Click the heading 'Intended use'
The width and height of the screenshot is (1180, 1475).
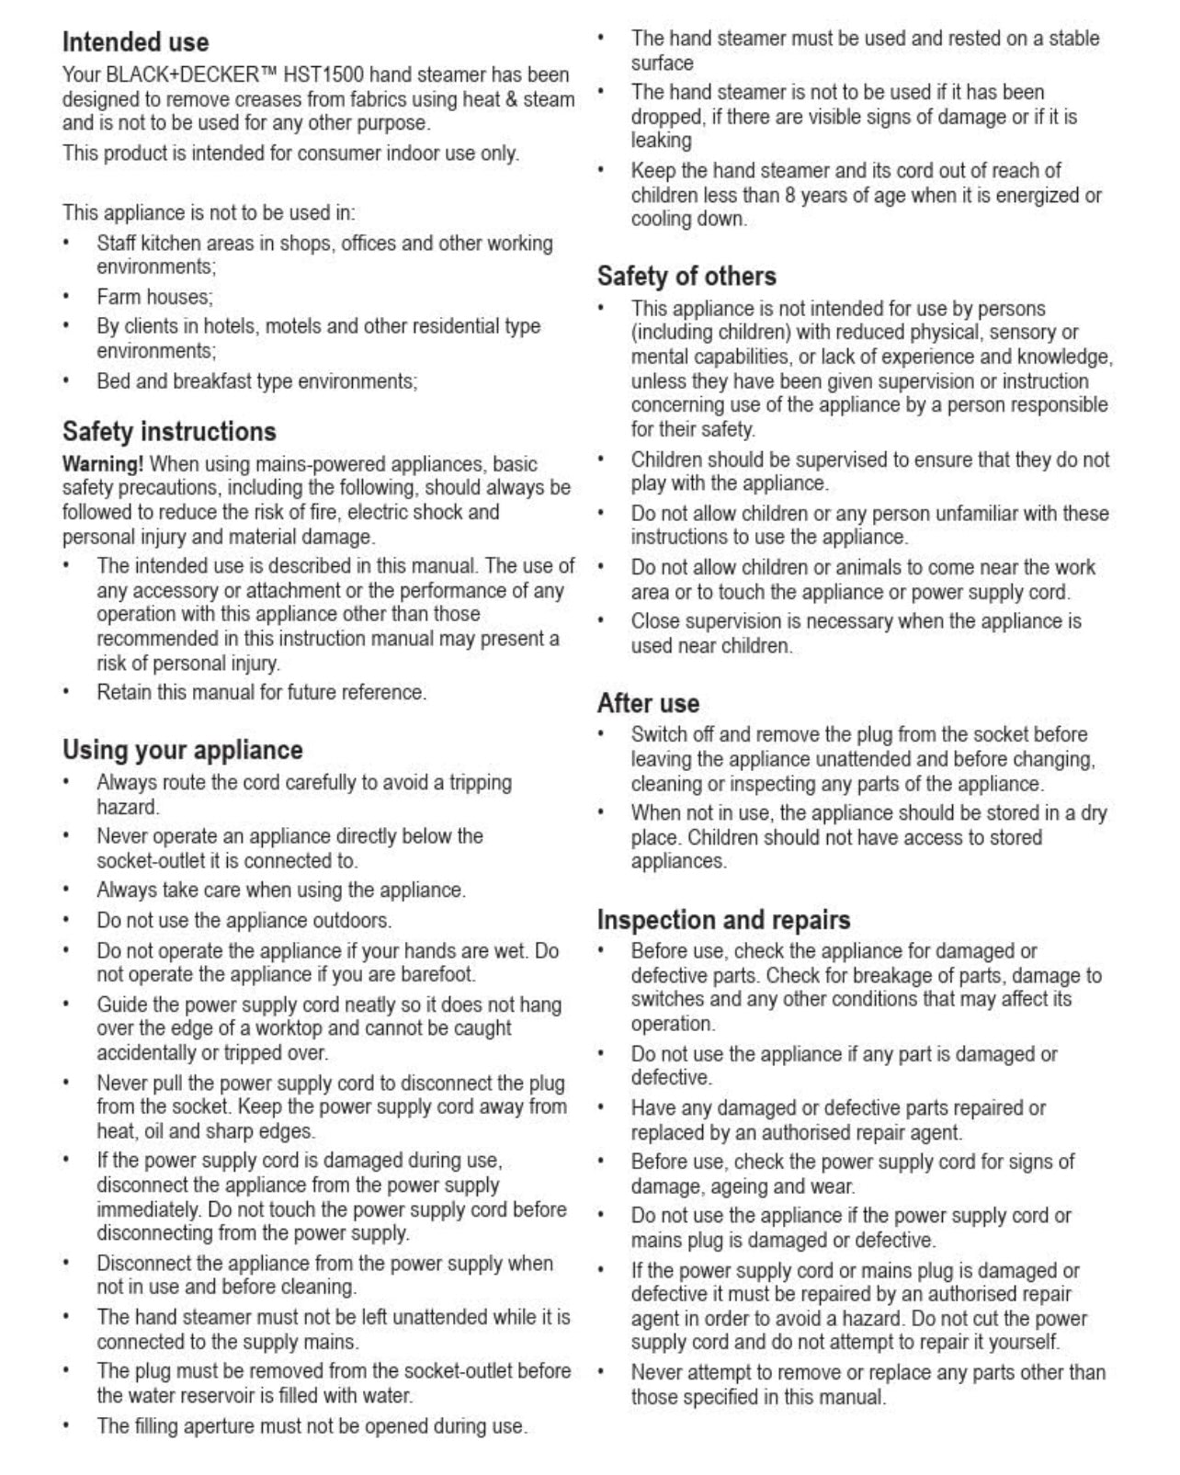[135, 42]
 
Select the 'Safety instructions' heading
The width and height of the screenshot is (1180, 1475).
[169, 432]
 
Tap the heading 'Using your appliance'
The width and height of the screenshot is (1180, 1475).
[182, 750]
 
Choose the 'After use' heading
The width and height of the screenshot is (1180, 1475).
[648, 703]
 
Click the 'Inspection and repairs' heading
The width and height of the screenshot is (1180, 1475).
[723, 920]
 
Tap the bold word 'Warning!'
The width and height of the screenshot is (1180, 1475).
[103, 464]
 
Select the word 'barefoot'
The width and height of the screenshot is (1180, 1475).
[439, 974]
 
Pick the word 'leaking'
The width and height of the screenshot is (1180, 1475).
[661, 141]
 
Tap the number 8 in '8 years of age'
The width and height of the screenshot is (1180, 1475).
[789, 195]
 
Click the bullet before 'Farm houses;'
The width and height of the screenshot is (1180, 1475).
[66, 297]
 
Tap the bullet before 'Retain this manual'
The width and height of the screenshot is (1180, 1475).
[66, 692]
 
